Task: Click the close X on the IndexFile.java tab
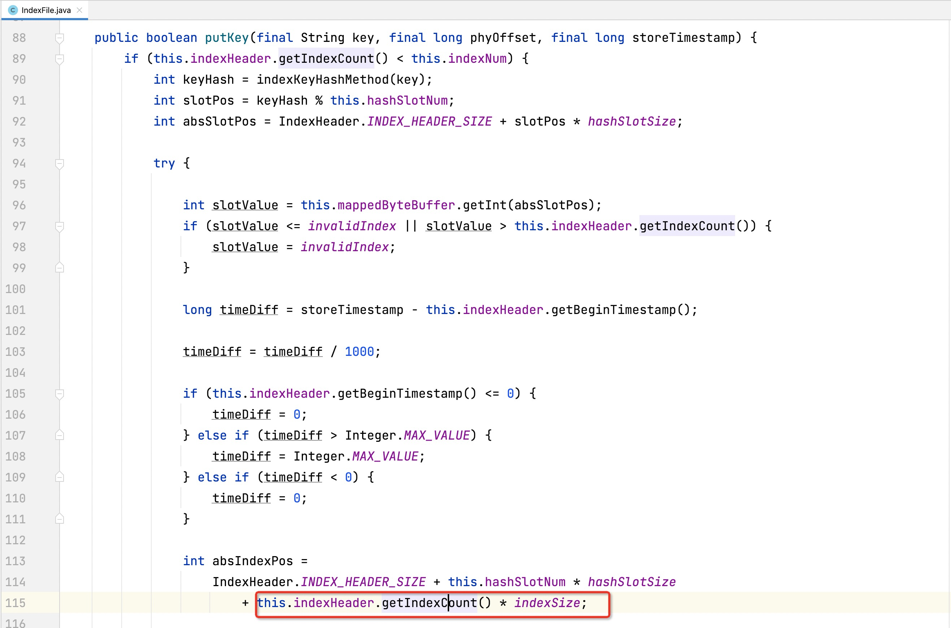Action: coord(79,10)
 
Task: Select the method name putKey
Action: coord(227,38)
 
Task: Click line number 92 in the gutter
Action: coord(19,121)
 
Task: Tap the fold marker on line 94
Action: coord(60,163)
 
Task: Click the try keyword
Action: coord(164,163)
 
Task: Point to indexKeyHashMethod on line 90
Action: coord(322,80)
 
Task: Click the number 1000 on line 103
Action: coord(359,352)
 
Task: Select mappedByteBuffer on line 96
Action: coord(396,205)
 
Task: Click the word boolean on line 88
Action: coord(171,38)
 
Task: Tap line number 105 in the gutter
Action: coord(16,394)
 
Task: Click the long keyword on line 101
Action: coord(197,310)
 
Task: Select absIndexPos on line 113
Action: coord(252,561)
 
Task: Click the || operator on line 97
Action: coord(411,226)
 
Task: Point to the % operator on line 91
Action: coord(319,101)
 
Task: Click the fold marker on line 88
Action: coord(60,38)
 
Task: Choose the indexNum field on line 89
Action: coord(477,59)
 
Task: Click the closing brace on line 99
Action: coord(186,267)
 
